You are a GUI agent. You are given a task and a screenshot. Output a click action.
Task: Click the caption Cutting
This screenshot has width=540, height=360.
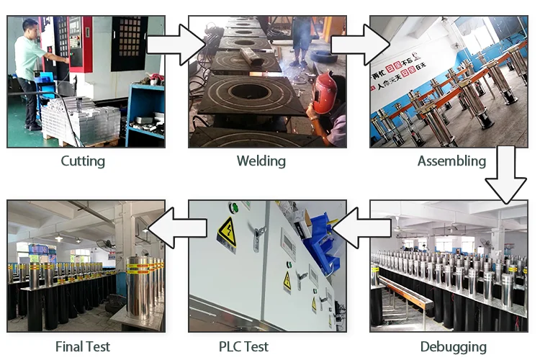[83, 161]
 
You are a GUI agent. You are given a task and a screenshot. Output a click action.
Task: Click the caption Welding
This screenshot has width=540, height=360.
[261, 161]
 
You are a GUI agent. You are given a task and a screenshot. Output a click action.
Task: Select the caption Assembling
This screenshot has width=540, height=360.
[451, 161]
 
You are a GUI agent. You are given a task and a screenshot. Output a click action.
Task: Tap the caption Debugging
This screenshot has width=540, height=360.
[454, 346]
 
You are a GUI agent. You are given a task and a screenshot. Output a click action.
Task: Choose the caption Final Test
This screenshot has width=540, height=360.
[83, 346]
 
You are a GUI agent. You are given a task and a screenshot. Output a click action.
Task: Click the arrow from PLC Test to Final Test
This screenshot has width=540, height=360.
[177, 230]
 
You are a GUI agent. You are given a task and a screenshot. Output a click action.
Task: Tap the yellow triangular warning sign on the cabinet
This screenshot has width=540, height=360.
[227, 232]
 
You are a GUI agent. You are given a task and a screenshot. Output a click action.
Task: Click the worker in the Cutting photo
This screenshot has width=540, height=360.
[30, 72]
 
